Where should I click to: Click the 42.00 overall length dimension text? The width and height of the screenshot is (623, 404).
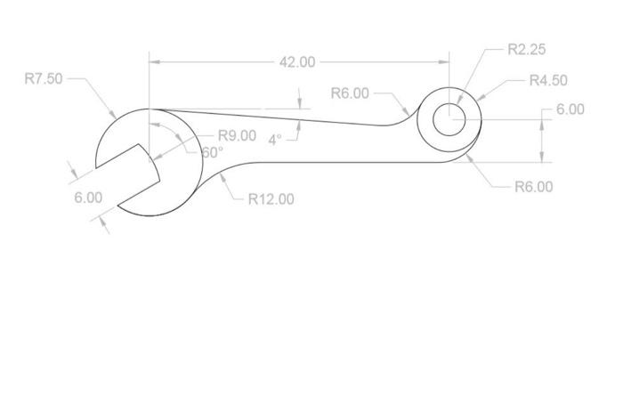(x=297, y=62)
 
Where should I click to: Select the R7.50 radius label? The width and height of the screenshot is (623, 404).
(x=44, y=78)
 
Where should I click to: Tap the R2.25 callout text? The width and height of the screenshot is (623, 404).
(x=526, y=50)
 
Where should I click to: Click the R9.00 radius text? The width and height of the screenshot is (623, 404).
(x=237, y=136)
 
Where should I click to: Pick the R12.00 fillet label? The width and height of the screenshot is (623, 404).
(x=271, y=198)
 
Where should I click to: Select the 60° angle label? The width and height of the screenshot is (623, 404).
(x=212, y=152)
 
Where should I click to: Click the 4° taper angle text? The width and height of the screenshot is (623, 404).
(x=274, y=140)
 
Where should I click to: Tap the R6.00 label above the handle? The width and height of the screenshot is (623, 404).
(x=350, y=93)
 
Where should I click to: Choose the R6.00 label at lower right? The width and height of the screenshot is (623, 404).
(x=533, y=187)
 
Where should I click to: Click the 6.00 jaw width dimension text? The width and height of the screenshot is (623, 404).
(x=88, y=197)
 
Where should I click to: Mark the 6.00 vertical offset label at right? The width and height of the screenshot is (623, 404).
(x=570, y=109)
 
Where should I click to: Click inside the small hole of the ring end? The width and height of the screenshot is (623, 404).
(x=449, y=118)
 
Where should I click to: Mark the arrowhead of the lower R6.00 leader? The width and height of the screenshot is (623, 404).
(x=471, y=158)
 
